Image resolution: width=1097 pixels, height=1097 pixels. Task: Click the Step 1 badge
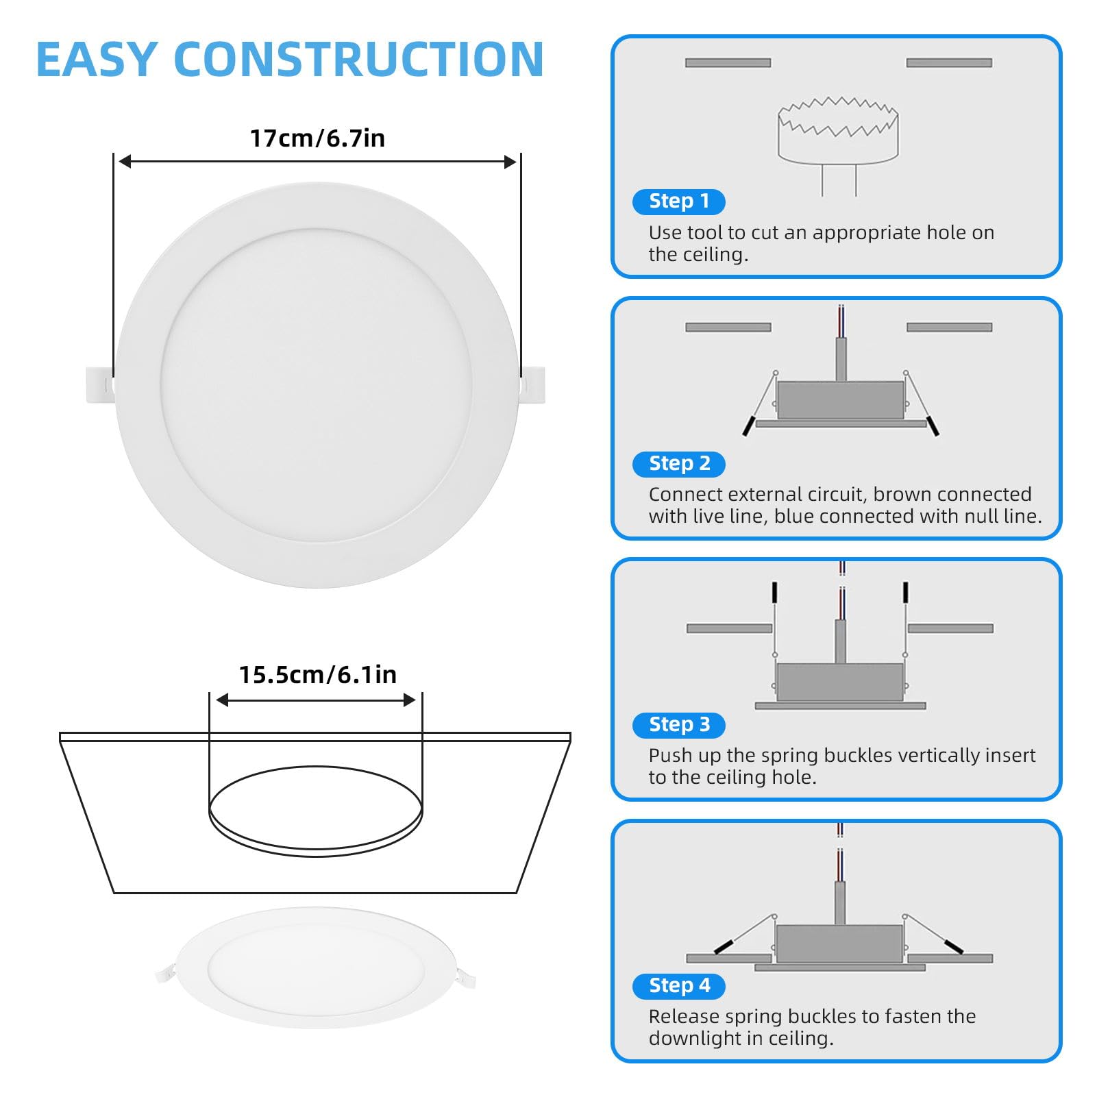pyautogui.click(x=679, y=201)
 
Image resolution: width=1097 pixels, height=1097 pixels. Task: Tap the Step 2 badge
pyautogui.click(x=679, y=464)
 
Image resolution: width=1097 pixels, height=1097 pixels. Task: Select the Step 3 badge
pyautogui.click(x=679, y=725)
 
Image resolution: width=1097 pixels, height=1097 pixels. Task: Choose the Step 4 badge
pyautogui.click(x=679, y=986)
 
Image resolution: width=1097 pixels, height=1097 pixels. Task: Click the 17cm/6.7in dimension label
pyautogui.click(x=317, y=138)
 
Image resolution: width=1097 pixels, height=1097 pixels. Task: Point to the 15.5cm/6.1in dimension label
pyautogui.click(x=317, y=675)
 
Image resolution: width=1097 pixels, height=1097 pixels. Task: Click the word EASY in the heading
pyautogui.click(x=97, y=60)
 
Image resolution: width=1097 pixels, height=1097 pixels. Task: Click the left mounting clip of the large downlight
pyautogui.click(x=100, y=385)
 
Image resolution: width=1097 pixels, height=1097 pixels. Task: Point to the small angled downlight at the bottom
pyautogui.click(x=315, y=967)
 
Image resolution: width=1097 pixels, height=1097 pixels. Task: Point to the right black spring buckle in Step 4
pyautogui.click(x=954, y=946)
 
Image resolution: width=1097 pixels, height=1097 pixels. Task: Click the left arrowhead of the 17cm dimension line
pyautogui.click(x=125, y=162)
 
